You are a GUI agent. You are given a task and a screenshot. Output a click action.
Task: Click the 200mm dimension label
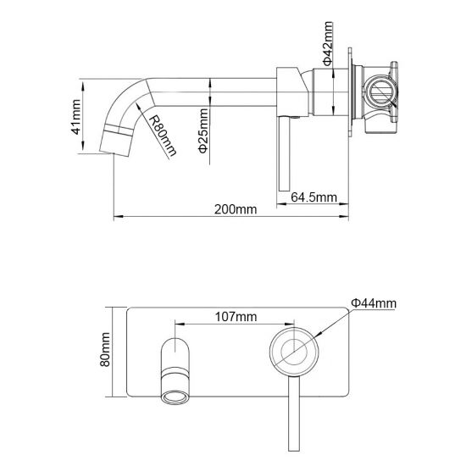click(x=231, y=208)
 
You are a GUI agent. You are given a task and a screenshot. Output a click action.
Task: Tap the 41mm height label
click(x=76, y=117)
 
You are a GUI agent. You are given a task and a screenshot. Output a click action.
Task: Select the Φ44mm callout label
click(x=374, y=302)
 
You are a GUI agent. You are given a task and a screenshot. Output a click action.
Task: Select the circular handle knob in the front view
click(x=294, y=351)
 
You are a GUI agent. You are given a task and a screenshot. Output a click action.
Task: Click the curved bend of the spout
click(x=127, y=97)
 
